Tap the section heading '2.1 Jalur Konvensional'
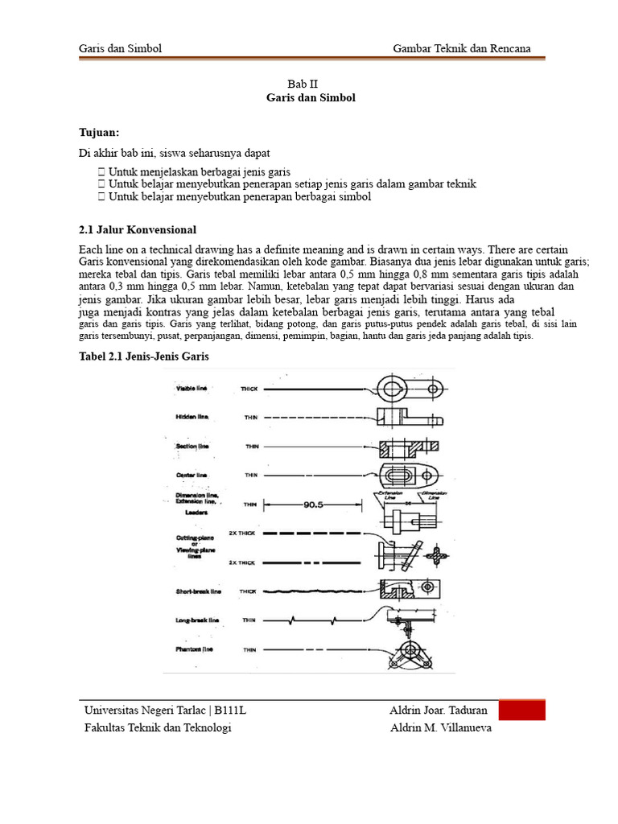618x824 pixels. click(137, 229)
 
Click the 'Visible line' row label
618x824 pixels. click(192, 389)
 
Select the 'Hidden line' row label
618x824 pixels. click(192, 417)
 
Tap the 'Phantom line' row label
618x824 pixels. click(193, 649)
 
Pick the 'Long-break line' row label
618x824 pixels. click(197, 620)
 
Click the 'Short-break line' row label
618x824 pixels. click(198, 591)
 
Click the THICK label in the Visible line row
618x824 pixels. click(249, 389)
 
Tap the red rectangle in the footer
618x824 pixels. click(521, 710)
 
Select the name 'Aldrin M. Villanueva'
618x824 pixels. click(439, 728)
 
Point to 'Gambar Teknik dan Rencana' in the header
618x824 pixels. click(462, 49)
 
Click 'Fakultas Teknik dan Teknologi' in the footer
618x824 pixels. click(158, 728)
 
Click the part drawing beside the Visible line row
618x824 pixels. click(409, 390)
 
